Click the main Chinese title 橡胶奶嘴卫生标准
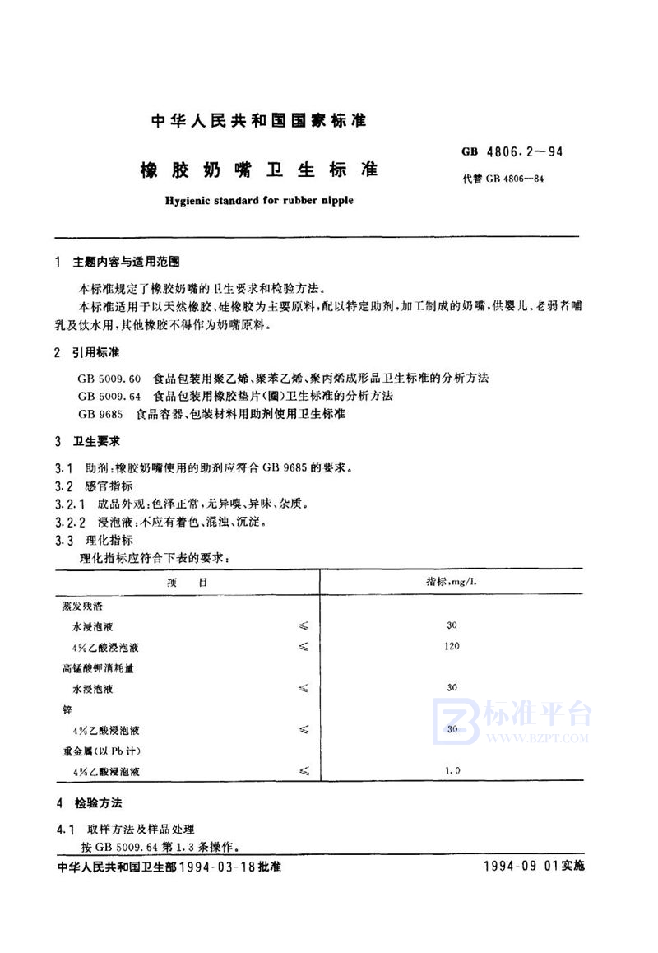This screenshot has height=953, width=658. tap(254, 170)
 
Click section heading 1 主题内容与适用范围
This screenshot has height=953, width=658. tap(115, 263)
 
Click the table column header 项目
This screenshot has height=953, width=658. tap(186, 583)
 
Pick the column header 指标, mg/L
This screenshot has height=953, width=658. tap(451, 582)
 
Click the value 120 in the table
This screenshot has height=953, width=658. tap(451, 646)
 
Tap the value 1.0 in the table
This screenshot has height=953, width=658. tap(452, 770)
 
